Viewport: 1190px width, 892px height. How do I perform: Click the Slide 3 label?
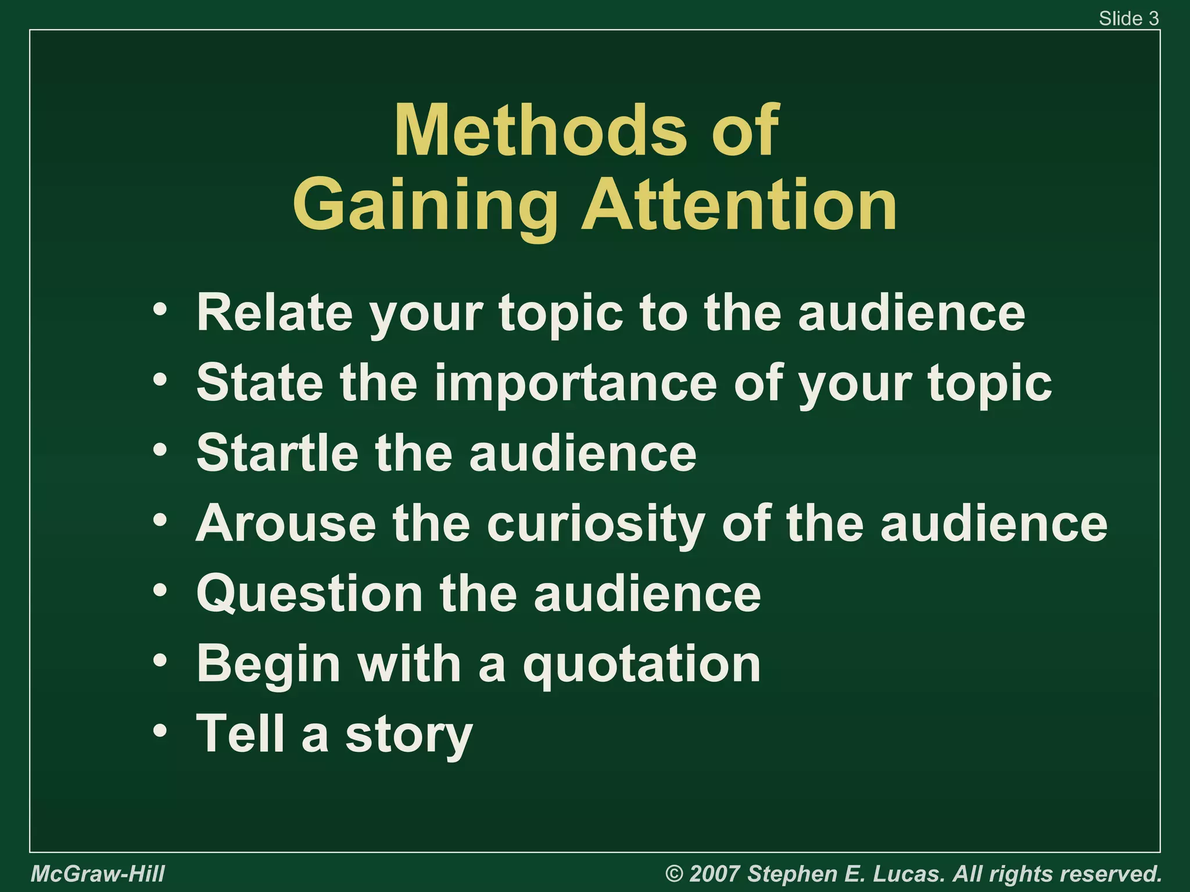coord(1128,19)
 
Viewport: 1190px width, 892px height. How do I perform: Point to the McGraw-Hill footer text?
coord(98,873)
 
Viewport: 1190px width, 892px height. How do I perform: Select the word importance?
coord(576,383)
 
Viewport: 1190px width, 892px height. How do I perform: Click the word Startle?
coord(278,453)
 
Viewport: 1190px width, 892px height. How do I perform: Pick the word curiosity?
coord(596,524)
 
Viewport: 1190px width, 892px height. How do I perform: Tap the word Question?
coord(310,594)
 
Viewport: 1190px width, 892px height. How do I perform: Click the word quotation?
coord(641,664)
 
